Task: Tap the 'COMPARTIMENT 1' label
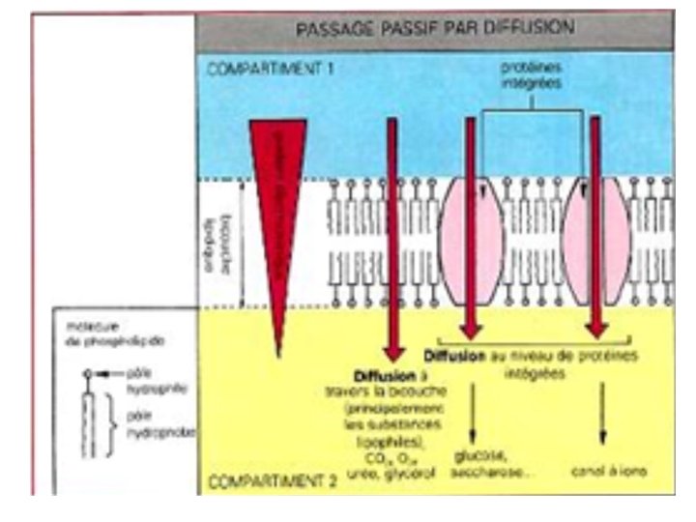(x=264, y=71)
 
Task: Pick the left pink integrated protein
(x=471, y=242)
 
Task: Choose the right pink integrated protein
(x=595, y=242)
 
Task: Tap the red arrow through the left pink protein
(x=471, y=222)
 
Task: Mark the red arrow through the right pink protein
(x=596, y=222)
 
